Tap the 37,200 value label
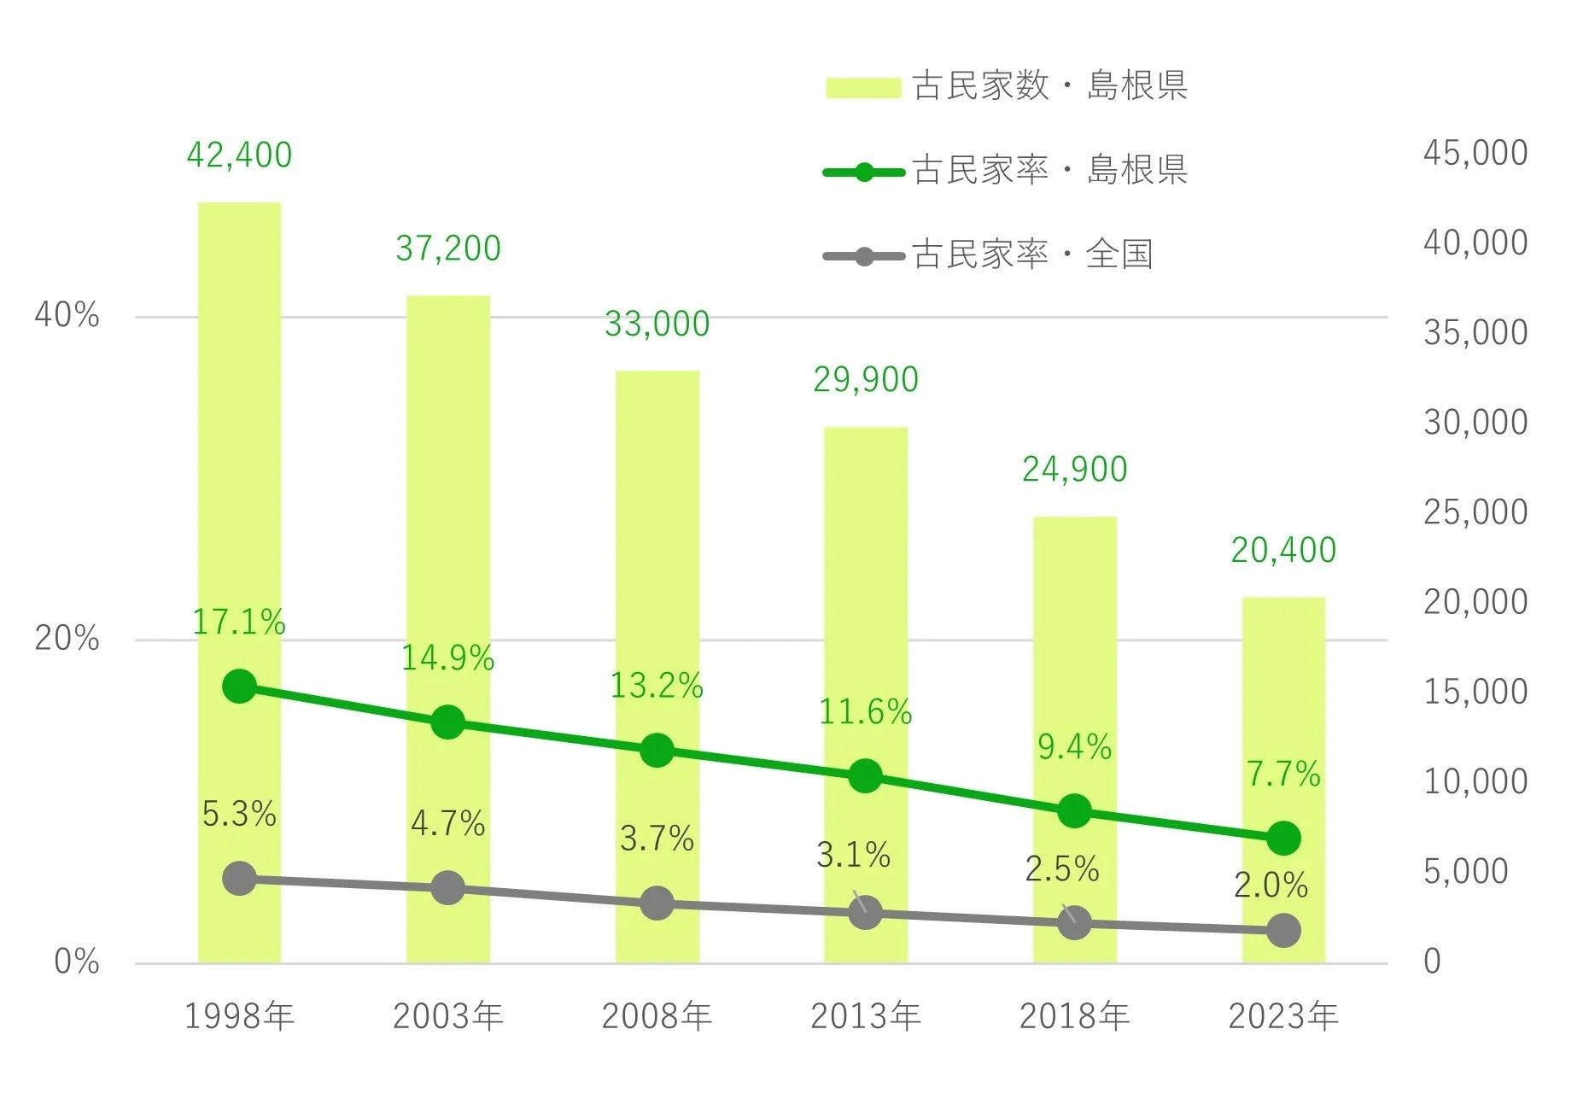[447, 248]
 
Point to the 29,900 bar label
[865, 380]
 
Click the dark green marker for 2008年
[657, 751]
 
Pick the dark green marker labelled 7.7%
[1283, 839]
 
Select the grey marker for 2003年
[447, 888]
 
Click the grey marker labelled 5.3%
[239, 879]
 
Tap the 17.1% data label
[238, 623]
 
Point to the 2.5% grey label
[1061, 869]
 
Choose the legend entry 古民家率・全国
[989, 255]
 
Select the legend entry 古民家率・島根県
[1006, 171]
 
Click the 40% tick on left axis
[67, 316]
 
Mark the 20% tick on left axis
[67, 639]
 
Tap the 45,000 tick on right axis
[1475, 154]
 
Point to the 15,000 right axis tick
[1475, 692]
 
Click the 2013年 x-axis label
[865, 1016]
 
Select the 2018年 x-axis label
[1074, 1016]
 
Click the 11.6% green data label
[865, 712]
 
